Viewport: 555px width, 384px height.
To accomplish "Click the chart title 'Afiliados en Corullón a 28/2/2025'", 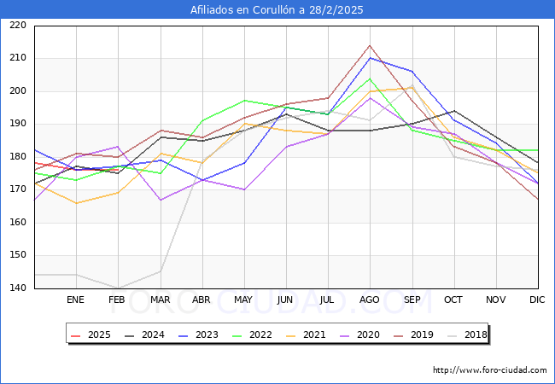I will [x=277, y=10].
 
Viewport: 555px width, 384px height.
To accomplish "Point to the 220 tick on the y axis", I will [x=17, y=26].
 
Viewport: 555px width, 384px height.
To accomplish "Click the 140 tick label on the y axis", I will [x=17, y=288].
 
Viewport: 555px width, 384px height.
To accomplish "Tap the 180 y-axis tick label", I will [x=17, y=157].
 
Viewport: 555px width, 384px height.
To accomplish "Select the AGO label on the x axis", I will [x=370, y=300].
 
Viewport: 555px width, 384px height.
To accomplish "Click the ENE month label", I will [x=75, y=300].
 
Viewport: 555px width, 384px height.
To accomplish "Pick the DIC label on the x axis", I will [x=537, y=300].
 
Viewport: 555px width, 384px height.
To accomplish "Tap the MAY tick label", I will [x=243, y=300].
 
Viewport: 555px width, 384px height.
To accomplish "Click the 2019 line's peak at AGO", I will [x=370, y=45].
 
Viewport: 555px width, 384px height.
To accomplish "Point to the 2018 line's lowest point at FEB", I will [x=117, y=288].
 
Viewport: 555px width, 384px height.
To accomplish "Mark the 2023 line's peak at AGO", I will [x=370, y=58].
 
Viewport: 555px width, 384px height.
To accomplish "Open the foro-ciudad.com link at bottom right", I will [x=490, y=370].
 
